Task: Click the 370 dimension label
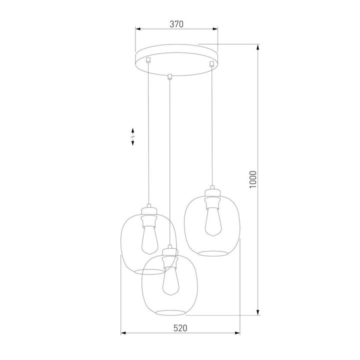click(x=177, y=23)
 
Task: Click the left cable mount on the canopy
click(x=147, y=60)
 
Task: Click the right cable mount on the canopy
click(x=212, y=63)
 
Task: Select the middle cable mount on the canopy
click(x=170, y=76)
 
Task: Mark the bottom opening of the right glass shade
click(x=212, y=251)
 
